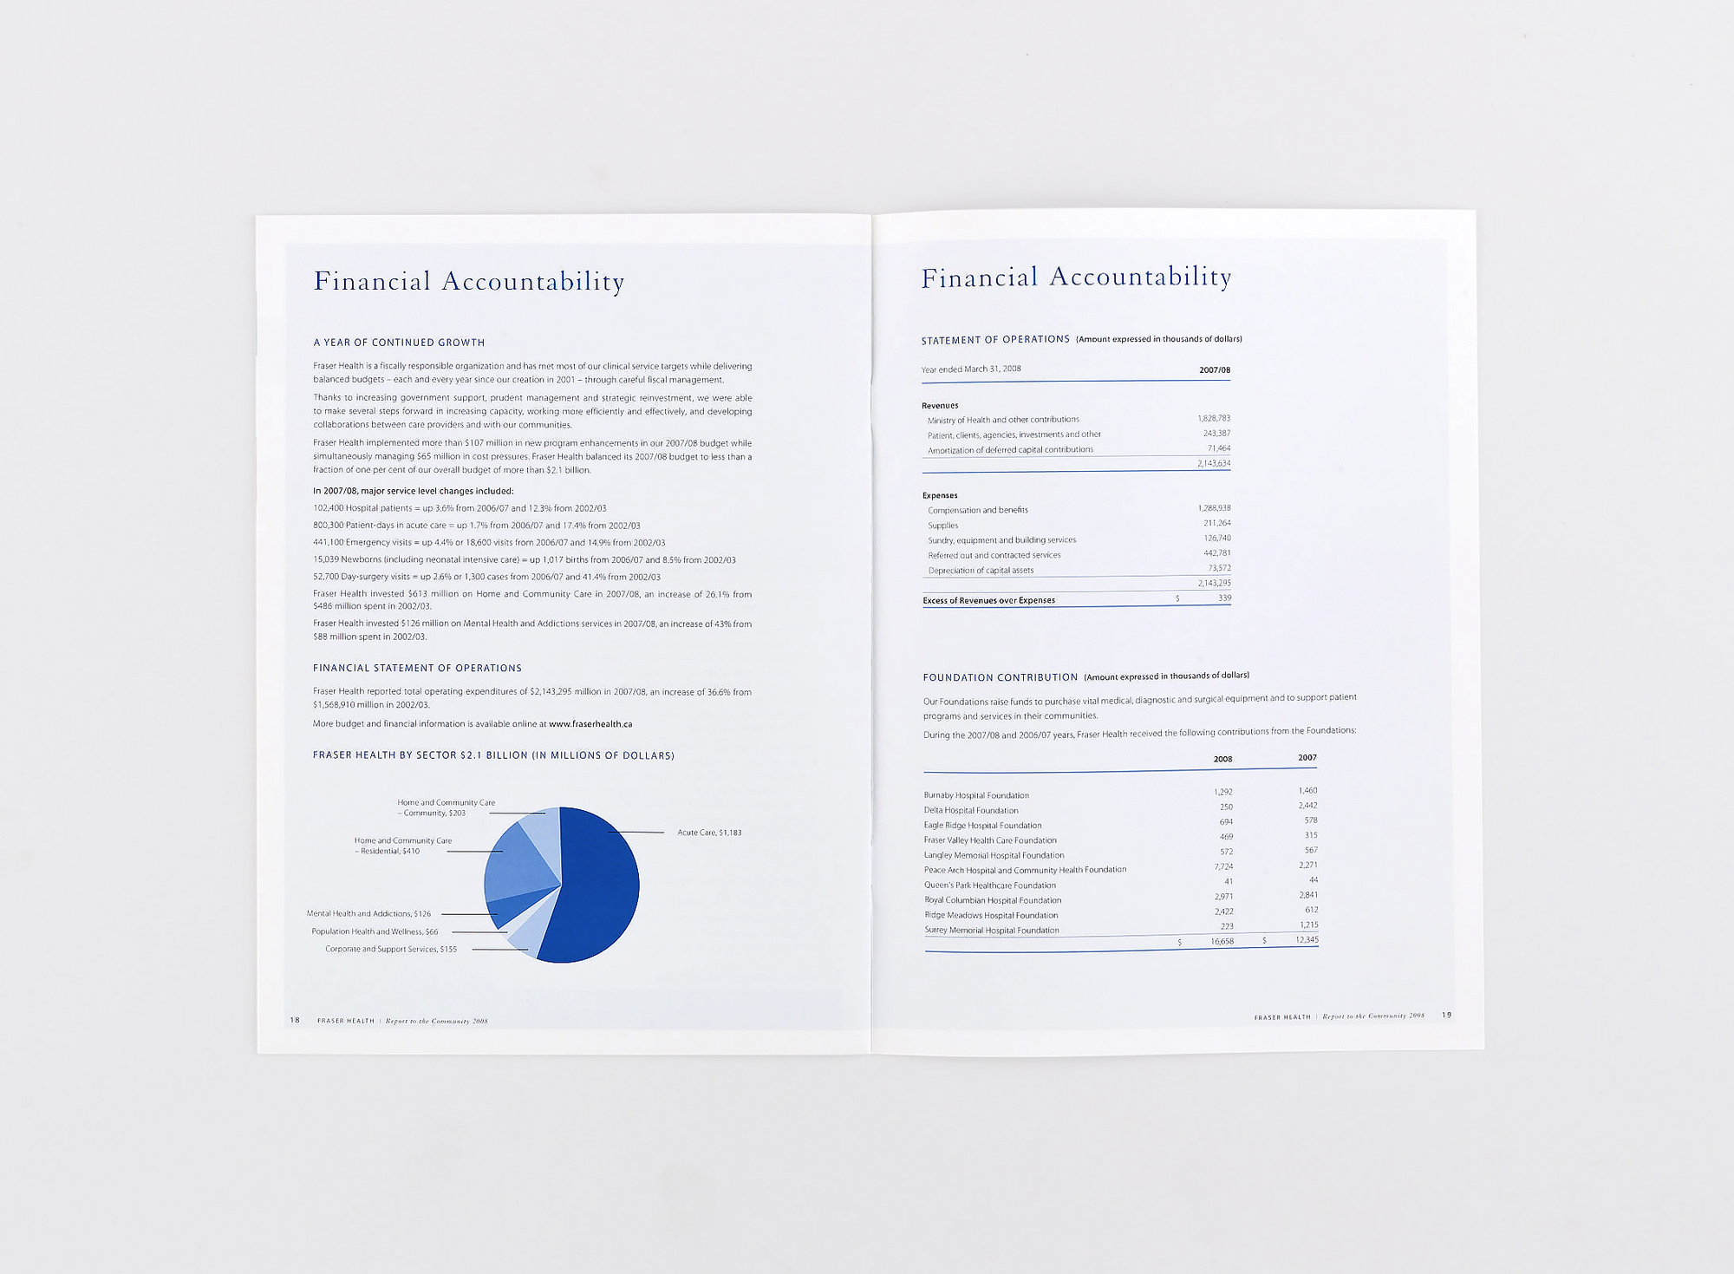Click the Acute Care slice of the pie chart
(598, 893)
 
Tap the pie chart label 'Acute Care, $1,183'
(709, 833)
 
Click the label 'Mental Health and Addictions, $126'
(368, 914)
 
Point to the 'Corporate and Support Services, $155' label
(391, 949)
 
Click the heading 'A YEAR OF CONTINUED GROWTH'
(399, 343)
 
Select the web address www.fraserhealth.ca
(590, 724)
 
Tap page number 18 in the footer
(295, 1020)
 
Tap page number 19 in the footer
(1446, 1015)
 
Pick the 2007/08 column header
(1215, 370)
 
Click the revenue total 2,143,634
(1214, 464)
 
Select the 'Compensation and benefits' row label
(978, 510)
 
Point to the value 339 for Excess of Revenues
(1224, 598)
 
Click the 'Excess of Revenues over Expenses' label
(989, 600)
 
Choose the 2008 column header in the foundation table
(1222, 760)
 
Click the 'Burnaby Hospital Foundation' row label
(976, 795)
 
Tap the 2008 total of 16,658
(1222, 941)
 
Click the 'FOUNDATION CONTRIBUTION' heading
(1001, 677)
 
